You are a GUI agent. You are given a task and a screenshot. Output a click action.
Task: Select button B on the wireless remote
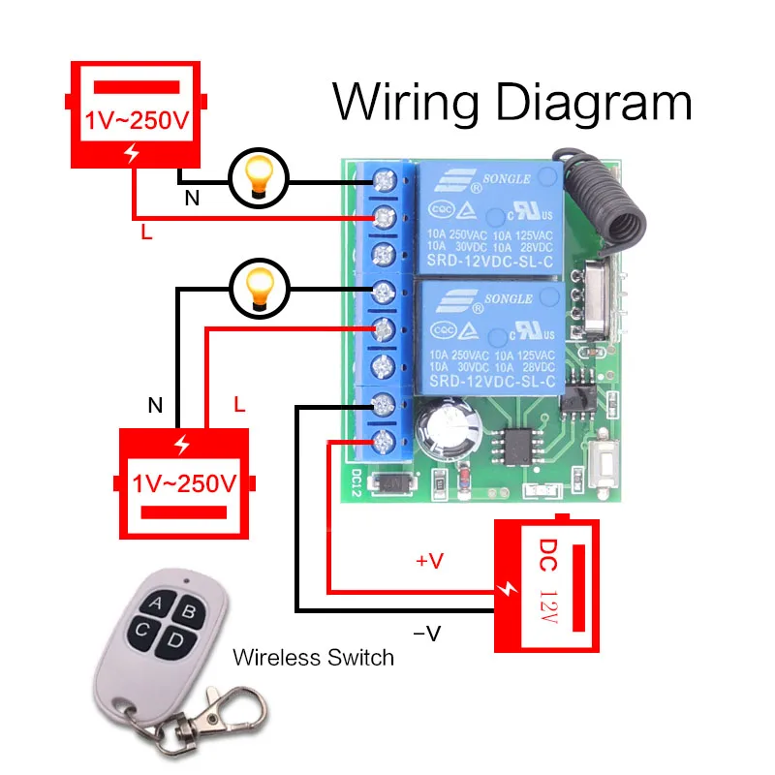pos(188,611)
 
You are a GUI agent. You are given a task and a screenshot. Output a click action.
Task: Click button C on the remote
pos(142,632)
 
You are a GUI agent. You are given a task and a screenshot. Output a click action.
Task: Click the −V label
pos(427,634)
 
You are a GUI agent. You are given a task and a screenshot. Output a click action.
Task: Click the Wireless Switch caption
pos(313,658)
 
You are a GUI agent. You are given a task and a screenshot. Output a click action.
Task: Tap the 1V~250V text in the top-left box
pos(135,123)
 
